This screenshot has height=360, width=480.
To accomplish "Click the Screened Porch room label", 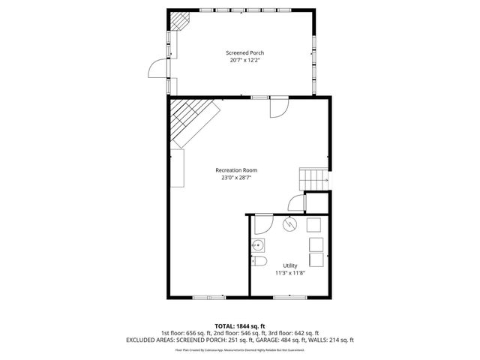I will pos(245,52).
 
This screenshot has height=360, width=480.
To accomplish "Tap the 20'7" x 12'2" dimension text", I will pos(245,60).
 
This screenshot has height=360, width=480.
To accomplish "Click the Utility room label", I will pos(289,265).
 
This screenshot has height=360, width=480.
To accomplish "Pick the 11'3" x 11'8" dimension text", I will pos(289,273).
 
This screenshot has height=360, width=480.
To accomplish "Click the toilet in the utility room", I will pos(259,261).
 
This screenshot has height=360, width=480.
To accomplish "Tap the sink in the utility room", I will pos(258,244).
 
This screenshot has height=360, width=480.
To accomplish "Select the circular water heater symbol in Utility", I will pos(289,224).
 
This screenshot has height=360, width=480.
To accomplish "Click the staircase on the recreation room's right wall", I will pos(313,178).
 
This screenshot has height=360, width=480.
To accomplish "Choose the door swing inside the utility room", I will pos(262,223).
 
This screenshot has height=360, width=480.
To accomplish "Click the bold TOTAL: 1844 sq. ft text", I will pos(240,326).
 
